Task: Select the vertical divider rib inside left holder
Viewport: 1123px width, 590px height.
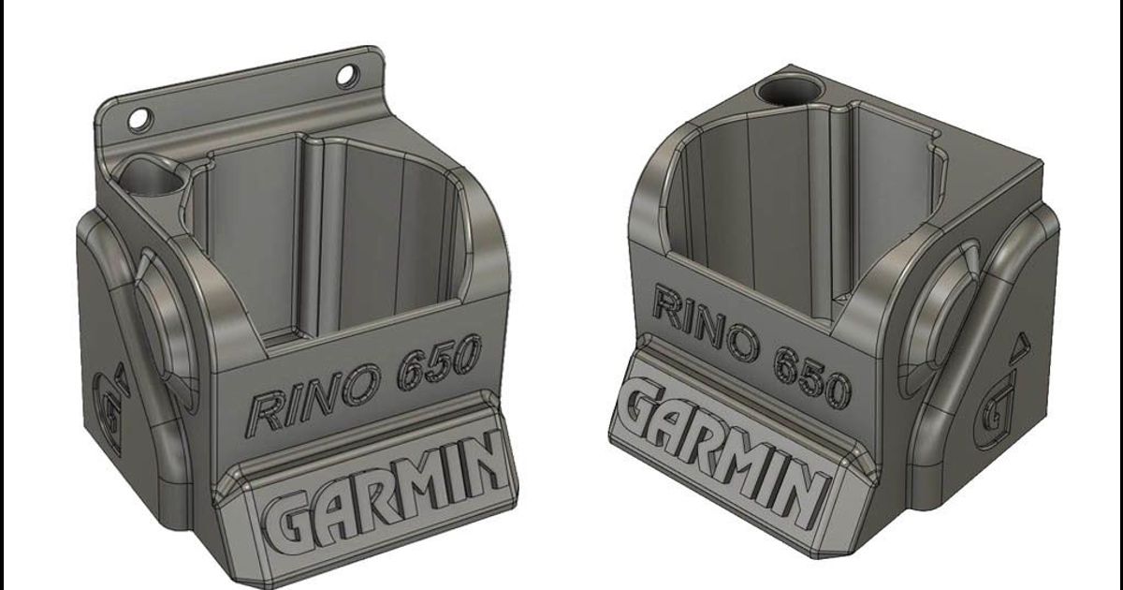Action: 314,234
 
